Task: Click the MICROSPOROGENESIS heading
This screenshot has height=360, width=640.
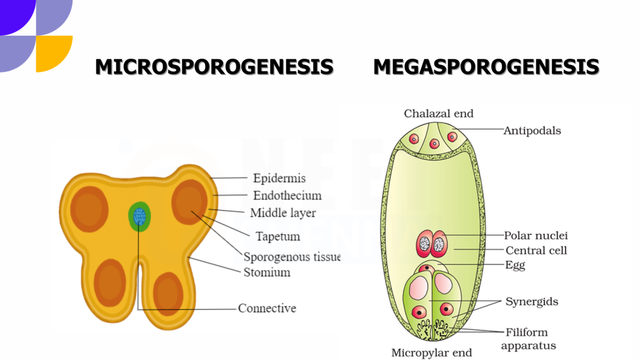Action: click(x=214, y=67)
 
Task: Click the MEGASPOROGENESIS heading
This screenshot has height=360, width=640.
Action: click(x=486, y=67)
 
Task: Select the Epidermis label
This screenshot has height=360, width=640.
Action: click(x=279, y=178)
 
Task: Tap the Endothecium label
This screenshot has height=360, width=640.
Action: click(x=287, y=196)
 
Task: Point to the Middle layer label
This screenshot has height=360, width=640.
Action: click(x=282, y=213)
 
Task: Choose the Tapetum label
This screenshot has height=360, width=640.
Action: click(x=277, y=236)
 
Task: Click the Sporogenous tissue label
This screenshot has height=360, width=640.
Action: click(x=291, y=256)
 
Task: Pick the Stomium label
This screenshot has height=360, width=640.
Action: click(x=267, y=272)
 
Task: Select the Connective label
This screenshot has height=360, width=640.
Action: click(x=267, y=308)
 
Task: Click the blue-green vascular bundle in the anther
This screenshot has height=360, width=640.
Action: click(x=139, y=216)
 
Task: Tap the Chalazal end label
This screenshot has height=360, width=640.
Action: click(x=439, y=114)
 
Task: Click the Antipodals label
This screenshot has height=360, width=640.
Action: click(x=532, y=131)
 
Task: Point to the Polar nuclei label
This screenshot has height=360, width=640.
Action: click(x=536, y=236)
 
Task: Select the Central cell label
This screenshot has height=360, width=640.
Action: click(x=536, y=251)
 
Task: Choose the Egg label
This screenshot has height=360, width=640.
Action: click(x=515, y=265)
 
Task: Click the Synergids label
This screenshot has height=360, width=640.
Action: click(x=531, y=302)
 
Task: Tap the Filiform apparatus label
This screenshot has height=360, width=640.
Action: click(x=528, y=339)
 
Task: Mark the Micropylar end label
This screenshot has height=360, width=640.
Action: click(x=431, y=352)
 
